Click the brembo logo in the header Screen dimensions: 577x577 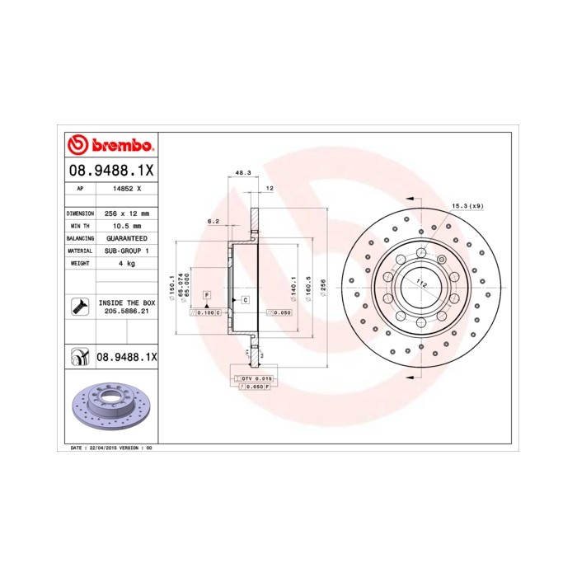[110, 146]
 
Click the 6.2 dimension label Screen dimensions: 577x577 [213, 221]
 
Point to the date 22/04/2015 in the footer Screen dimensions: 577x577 [101, 447]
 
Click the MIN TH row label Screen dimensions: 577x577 [80, 225]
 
